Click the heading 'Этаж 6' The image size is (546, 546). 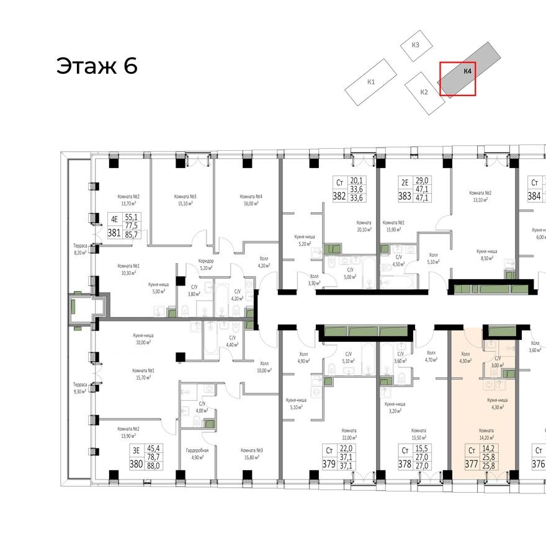click(x=97, y=65)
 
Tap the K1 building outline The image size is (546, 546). click(x=371, y=82)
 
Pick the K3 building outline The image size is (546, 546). click(x=416, y=45)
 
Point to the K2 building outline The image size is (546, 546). click(x=424, y=92)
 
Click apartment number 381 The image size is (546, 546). click(x=114, y=233)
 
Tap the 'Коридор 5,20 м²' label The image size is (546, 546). click(x=206, y=264)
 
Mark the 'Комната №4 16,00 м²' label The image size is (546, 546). click(x=251, y=200)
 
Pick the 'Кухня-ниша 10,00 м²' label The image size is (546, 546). click(x=144, y=338)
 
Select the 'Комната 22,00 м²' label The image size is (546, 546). click(x=351, y=434)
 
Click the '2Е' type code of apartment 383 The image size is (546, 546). click(x=404, y=183)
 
